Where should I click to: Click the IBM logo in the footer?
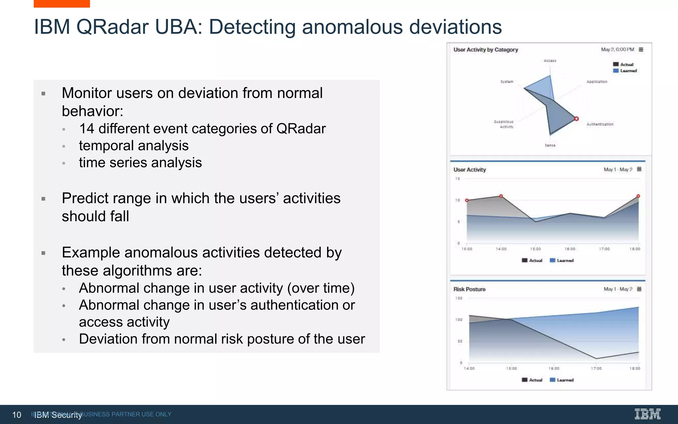(647, 414)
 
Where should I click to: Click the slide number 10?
(17, 415)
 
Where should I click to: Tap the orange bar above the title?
(62, 4)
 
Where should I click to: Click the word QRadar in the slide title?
(113, 27)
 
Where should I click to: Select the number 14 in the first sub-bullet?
(87, 129)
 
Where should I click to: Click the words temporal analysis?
(133, 146)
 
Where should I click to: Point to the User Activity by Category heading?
(486, 50)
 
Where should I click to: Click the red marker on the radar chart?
(576, 119)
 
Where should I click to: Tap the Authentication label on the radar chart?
(600, 124)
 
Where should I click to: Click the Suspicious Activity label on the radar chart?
(504, 124)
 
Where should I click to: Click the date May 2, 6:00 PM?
(617, 50)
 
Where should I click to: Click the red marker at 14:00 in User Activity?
(501, 196)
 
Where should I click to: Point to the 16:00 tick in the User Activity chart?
(570, 249)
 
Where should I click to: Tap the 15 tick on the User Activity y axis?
(458, 179)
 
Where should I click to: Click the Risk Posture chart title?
(469, 289)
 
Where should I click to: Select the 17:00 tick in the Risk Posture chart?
(596, 368)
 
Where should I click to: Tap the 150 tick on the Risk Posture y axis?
(459, 298)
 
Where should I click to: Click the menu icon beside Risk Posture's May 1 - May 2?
(639, 289)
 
